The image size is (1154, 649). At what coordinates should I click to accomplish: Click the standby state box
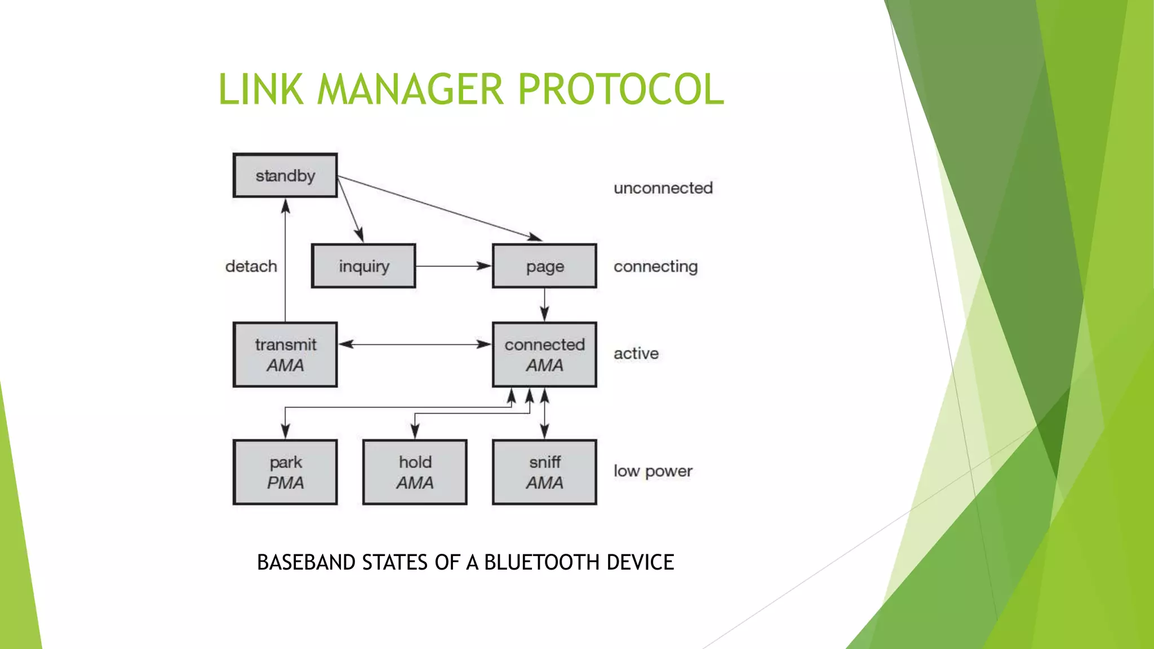285,175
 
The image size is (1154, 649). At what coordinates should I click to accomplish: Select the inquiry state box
363,266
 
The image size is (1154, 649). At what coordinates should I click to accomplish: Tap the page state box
544,266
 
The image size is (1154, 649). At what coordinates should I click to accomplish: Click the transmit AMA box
285,354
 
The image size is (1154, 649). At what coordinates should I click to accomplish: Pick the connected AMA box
544,354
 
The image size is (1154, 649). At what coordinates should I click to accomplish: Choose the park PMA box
285,472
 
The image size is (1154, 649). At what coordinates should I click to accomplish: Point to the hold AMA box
415,472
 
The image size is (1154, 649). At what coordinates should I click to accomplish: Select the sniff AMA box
544,472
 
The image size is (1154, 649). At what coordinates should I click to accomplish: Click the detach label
251,266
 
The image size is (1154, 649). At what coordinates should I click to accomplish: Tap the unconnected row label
663,188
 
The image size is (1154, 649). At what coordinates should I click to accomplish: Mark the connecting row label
655,266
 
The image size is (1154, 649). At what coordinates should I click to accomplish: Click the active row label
636,353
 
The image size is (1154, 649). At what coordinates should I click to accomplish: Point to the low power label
653,471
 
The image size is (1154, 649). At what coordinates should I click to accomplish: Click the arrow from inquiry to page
454,266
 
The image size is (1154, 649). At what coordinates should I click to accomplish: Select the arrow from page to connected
544,305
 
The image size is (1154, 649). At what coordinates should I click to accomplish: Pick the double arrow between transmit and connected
415,344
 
